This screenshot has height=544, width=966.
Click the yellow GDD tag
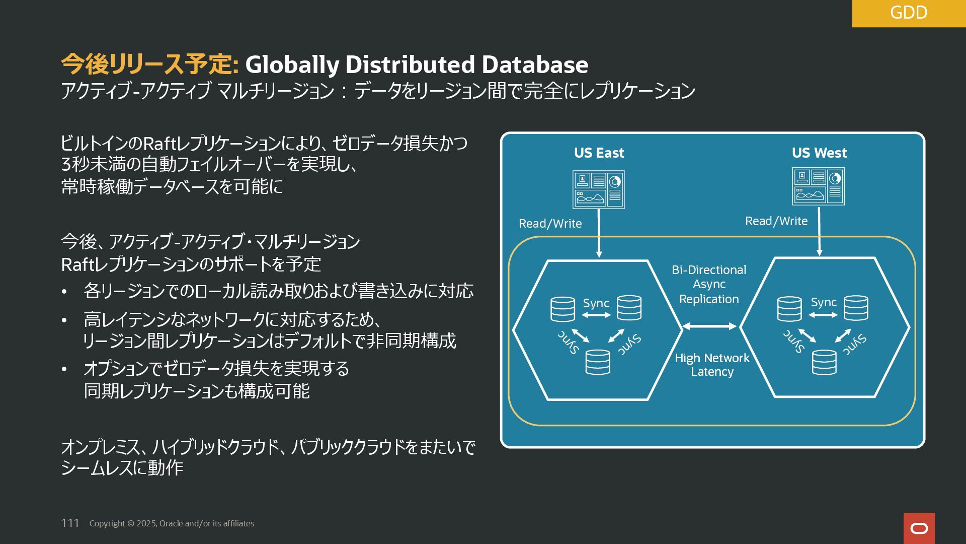tap(908, 13)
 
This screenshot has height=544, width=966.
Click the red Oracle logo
tap(919, 528)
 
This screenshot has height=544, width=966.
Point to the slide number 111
tap(70, 523)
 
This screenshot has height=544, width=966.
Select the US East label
tap(599, 153)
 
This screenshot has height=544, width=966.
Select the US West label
tap(819, 153)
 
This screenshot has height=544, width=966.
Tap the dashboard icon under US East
tap(598, 189)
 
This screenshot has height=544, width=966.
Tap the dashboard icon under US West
tap(818, 186)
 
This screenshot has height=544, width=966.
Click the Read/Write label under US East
tap(550, 224)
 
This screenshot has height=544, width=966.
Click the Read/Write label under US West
tap(776, 221)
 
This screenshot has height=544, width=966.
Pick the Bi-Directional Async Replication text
tap(709, 284)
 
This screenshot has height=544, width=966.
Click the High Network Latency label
tap(712, 365)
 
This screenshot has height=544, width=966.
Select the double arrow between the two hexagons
tap(709, 326)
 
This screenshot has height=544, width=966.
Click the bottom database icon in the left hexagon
tap(598, 362)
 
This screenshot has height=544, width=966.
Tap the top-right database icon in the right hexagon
tap(856, 308)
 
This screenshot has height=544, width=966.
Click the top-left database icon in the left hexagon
tap(562, 309)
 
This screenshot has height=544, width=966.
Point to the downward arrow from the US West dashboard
tap(819, 232)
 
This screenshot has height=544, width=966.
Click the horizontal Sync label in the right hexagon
tap(824, 302)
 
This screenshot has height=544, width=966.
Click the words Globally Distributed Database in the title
tap(417, 64)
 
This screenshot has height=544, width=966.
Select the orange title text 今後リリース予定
tap(149, 64)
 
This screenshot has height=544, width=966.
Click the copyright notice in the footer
tap(172, 523)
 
